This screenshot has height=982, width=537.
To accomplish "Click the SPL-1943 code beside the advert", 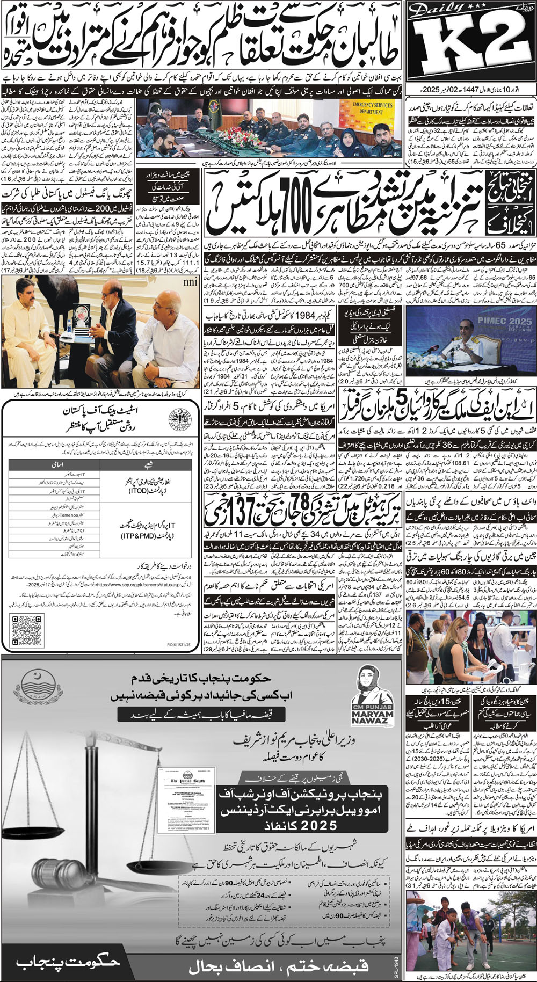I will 397,956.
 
